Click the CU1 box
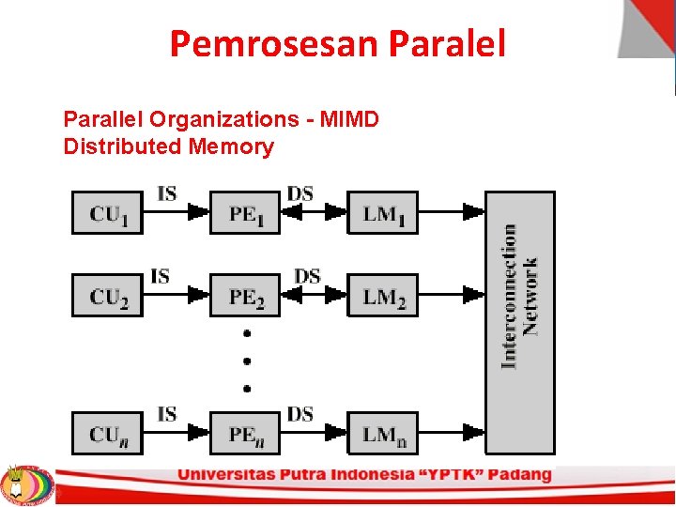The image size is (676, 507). [107, 213]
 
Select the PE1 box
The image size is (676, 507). [245, 213]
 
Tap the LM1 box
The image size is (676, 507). [383, 213]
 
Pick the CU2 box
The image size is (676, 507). [107, 295]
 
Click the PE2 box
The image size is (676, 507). [245, 295]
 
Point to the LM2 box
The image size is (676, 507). [383, 295]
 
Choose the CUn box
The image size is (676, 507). [107, 433]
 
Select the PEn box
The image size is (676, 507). [245, 433]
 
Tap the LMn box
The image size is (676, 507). [383, 433]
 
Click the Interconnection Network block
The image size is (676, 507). [519, 322]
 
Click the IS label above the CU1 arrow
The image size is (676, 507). [166, 194]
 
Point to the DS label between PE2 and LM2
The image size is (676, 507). [307, 276]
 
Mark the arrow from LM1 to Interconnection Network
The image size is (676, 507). [452, 212]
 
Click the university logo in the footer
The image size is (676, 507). [26, 484]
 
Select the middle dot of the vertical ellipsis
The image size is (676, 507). [247, 360]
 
